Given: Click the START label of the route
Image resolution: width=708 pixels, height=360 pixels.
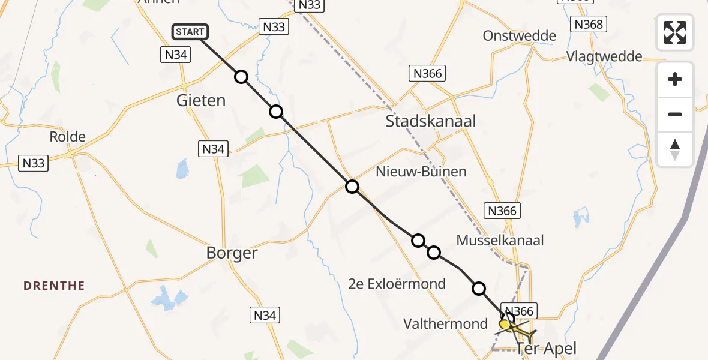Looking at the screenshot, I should coord(191,32).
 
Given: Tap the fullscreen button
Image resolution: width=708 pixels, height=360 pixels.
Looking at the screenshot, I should coord(675,32).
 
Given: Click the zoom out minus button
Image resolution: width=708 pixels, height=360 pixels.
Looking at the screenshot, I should coord(675,114).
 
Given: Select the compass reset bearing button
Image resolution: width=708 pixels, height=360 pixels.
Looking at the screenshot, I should coord(675,149).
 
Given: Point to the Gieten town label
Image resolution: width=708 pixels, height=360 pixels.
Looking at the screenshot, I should coord(201,100).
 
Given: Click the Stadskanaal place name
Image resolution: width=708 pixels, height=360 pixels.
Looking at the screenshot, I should coord(430,121).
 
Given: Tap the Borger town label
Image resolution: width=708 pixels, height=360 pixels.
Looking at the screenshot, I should coord(232,253).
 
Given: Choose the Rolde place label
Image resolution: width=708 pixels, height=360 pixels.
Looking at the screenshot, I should coord(67,136).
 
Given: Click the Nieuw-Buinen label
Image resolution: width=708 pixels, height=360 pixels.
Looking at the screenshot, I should coord(421,172).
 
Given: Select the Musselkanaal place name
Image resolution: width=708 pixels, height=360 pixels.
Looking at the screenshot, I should coord(500,241).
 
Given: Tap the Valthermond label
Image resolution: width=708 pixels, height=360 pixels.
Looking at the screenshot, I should coord(445,324).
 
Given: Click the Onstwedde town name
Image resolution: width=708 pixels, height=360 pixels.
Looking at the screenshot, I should coord(519,35).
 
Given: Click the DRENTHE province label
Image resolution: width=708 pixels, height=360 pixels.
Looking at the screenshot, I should coord(54,286).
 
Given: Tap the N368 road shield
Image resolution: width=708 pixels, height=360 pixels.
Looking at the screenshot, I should coord(588,24).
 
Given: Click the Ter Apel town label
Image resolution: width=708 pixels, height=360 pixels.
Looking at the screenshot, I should coord(546,348).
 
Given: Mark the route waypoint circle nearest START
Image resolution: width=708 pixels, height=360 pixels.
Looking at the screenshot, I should coord(241,77).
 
